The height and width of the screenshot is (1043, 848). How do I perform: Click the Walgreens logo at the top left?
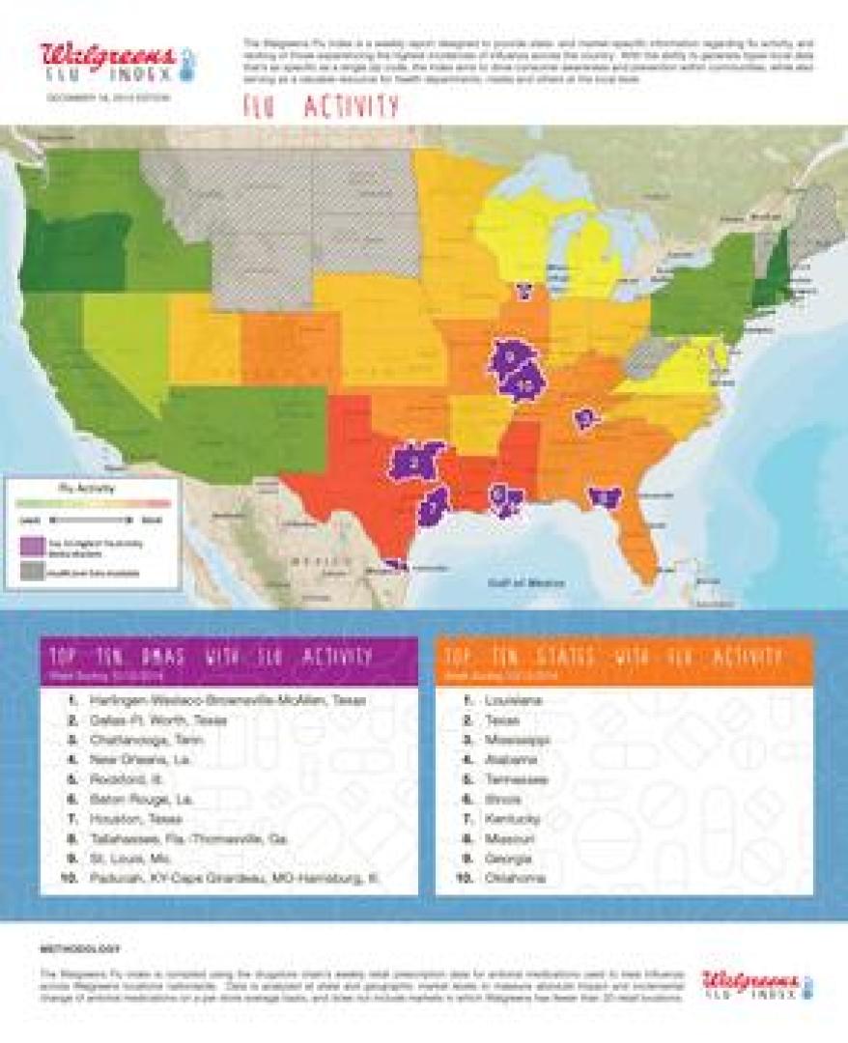108,60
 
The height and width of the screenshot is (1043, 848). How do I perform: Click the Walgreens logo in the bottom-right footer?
750,984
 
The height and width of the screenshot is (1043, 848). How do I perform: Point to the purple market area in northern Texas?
415,462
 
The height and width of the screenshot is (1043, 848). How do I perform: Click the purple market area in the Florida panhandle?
606,496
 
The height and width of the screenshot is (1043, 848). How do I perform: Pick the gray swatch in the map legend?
30,572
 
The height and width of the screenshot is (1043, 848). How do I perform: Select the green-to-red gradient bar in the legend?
94,503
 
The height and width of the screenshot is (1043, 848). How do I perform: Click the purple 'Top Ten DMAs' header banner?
229,662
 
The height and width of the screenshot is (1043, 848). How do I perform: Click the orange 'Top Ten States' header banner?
624,662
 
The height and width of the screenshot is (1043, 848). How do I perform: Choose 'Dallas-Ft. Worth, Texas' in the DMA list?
158,719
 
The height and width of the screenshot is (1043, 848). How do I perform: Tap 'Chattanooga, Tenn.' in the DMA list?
146,740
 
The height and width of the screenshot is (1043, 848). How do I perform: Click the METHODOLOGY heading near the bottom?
80,949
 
